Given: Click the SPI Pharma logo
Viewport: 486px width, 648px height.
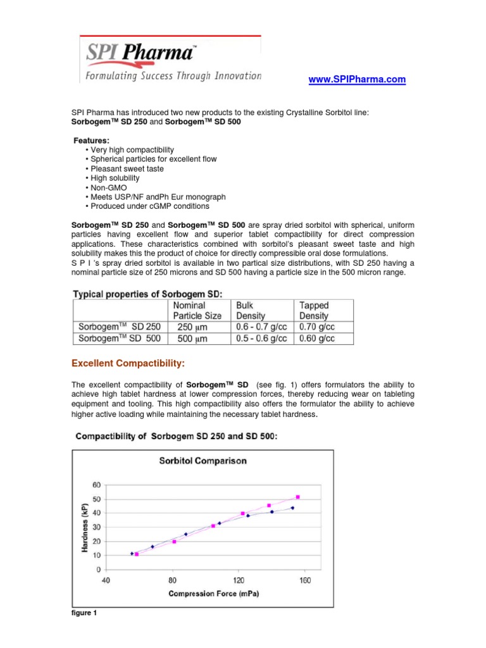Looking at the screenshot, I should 170,59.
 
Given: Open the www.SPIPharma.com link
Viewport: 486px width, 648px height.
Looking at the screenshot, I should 356,80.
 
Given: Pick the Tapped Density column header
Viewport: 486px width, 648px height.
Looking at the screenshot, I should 314,310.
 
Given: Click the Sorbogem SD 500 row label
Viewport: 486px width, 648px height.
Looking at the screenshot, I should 118,339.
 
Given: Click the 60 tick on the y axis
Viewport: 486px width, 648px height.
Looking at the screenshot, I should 96,485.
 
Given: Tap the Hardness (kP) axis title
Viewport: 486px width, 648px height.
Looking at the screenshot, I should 85,526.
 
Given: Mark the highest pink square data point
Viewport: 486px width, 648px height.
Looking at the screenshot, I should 297,497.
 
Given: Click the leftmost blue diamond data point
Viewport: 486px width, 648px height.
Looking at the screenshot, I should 132,553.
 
